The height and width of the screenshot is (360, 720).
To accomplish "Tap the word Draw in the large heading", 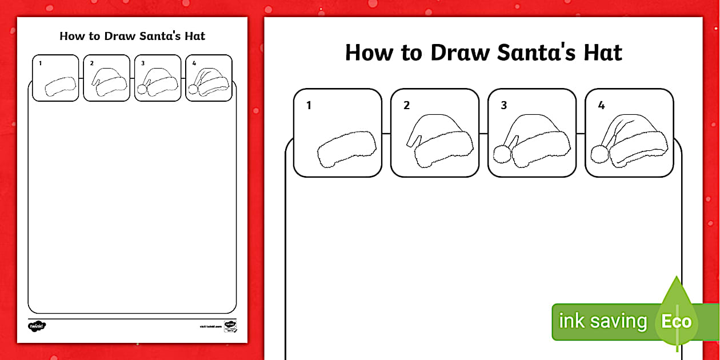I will (x=460, y=53).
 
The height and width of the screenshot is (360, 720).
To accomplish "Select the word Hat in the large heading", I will (x=602, y=53).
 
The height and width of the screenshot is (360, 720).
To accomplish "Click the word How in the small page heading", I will (x=72, y=36).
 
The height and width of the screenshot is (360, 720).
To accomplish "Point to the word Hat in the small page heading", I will (x=194, y=36).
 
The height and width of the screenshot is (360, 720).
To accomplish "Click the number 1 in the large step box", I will (x=309, y=105).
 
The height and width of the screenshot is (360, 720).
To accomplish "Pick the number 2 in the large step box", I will (x=406, y=105).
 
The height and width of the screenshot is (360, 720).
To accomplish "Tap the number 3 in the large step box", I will (x=503, y=105).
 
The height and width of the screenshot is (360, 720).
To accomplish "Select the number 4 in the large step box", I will (x=601, y=105).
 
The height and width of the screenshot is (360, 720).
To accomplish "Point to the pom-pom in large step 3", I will (x=501, y=155).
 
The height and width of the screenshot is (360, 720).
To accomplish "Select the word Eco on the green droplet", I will (x=676, y=321).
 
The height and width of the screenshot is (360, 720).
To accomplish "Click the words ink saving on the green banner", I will (x=602, y=321).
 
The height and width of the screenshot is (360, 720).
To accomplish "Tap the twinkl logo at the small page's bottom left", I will (x=37, y=326).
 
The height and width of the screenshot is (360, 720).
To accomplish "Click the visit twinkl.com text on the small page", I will (x=210, y=326).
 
